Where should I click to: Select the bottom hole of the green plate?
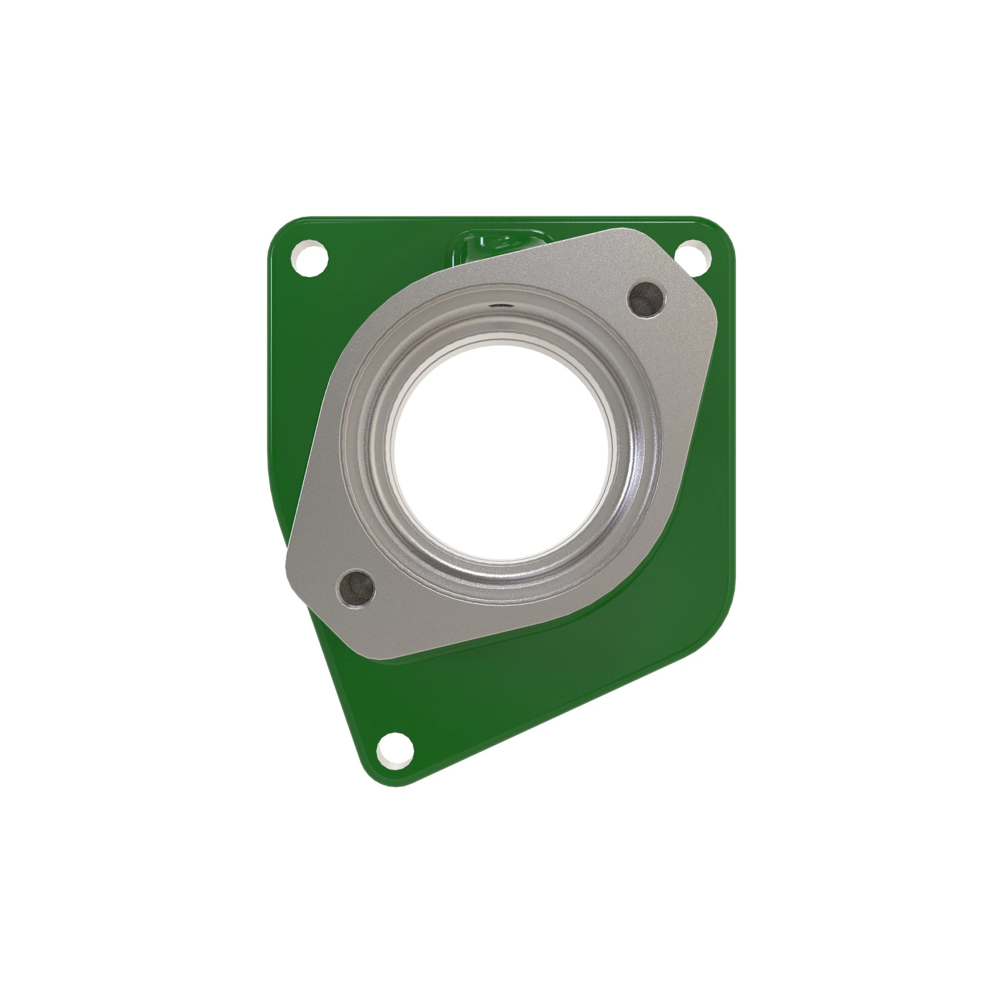[395, 751]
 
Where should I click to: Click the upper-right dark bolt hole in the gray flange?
[646, 298]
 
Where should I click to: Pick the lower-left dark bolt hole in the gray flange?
[356, 588]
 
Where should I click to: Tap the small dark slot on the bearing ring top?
[499, 306]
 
